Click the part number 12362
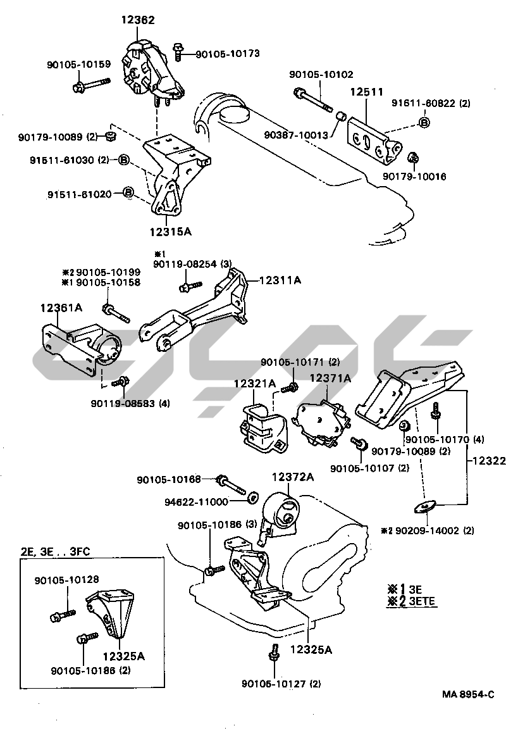[x=138, y=20]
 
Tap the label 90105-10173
[x=228, y=54]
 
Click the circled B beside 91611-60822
[x=424, y=122]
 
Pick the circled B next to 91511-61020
[x=128, y=192]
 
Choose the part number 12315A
[x=170, y=232]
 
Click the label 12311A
[x=280, y=279]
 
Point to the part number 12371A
[x=330, y=378]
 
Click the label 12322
[x=488, y=461]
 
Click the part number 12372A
[x=293, y=477]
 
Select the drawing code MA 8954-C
[x=467, y=694]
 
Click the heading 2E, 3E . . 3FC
[x=55, y=551]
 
